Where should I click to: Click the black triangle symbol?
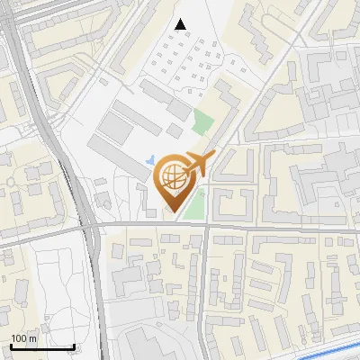coord(182,24)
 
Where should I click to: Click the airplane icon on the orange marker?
coord(196,165)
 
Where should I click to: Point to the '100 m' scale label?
coord(23,338)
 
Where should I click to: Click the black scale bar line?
coord(41,346)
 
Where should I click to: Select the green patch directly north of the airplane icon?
coord(204,122)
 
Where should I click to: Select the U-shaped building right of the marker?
coord(233,180)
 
